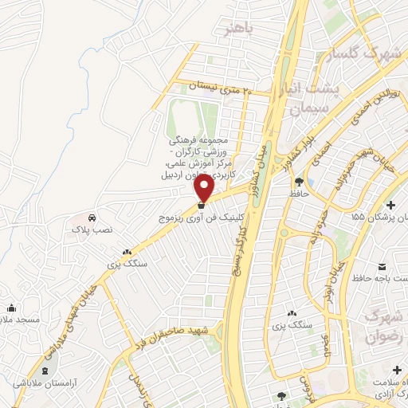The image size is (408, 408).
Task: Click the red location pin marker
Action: pyautogui.click(x=204, y=189)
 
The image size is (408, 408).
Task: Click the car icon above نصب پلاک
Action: pyautogui.click(x=92, y=218)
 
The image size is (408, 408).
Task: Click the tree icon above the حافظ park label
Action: pyautogui.click(x=299, y=182)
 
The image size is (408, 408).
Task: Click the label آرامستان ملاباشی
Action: pyautogui.click(x=45, y=383)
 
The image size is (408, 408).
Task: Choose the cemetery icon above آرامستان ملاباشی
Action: pyautogui.click(x=45, y=371)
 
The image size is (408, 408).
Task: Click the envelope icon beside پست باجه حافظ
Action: pyautogui.click(x=380, y=265)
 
